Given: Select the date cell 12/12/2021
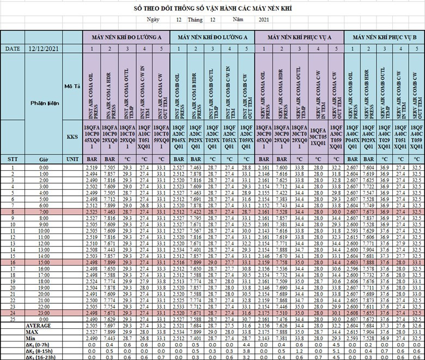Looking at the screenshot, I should [44, 48].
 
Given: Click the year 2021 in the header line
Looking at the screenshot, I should [264, 20].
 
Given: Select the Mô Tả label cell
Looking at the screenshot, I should [71, 86].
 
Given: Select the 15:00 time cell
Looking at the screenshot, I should [44, 263].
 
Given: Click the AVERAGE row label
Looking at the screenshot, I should [40, 326].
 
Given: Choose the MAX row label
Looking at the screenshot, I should [32, 332].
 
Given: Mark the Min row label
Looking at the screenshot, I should [32, 338].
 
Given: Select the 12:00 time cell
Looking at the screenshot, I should [44, 243].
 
